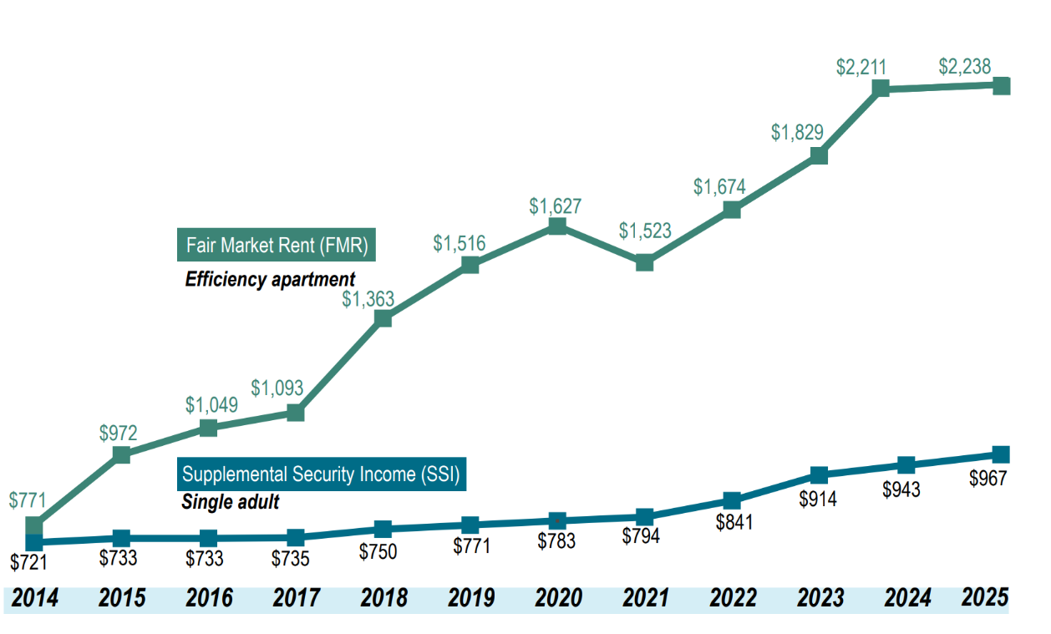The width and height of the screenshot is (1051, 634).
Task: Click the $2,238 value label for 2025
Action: click(965, 66)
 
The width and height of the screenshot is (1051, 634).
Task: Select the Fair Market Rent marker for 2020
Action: click(557, 226)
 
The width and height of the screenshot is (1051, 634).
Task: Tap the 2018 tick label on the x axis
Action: click(383, 598)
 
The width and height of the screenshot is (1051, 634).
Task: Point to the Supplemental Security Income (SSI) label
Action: click(322, 474)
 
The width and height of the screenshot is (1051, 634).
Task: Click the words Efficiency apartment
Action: click(270, 279)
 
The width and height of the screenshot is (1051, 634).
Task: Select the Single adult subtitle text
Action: click(231, 502)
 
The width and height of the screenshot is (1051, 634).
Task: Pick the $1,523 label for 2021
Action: click(645, 231)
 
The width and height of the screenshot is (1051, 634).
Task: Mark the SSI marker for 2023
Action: click(819, 475)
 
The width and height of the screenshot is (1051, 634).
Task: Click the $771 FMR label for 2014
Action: click(28, 500)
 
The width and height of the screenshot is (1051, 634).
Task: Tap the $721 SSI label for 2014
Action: click(29, 563)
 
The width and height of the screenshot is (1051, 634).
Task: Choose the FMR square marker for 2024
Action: click(880, 89)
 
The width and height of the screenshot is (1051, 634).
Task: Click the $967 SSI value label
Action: click(988, 479)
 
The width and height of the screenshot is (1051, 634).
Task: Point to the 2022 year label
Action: click(733, 598)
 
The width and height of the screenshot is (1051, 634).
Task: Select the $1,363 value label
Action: click(368, 299)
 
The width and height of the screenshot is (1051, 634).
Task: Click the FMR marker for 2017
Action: click(295, 413)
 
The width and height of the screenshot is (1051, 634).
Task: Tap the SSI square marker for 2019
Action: click(470, 525)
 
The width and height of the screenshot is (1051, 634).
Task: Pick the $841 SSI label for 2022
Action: click(734, 522)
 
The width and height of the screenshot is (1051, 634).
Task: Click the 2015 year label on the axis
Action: click(122, 598)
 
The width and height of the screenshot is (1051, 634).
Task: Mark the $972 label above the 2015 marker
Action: click(118, 433)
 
